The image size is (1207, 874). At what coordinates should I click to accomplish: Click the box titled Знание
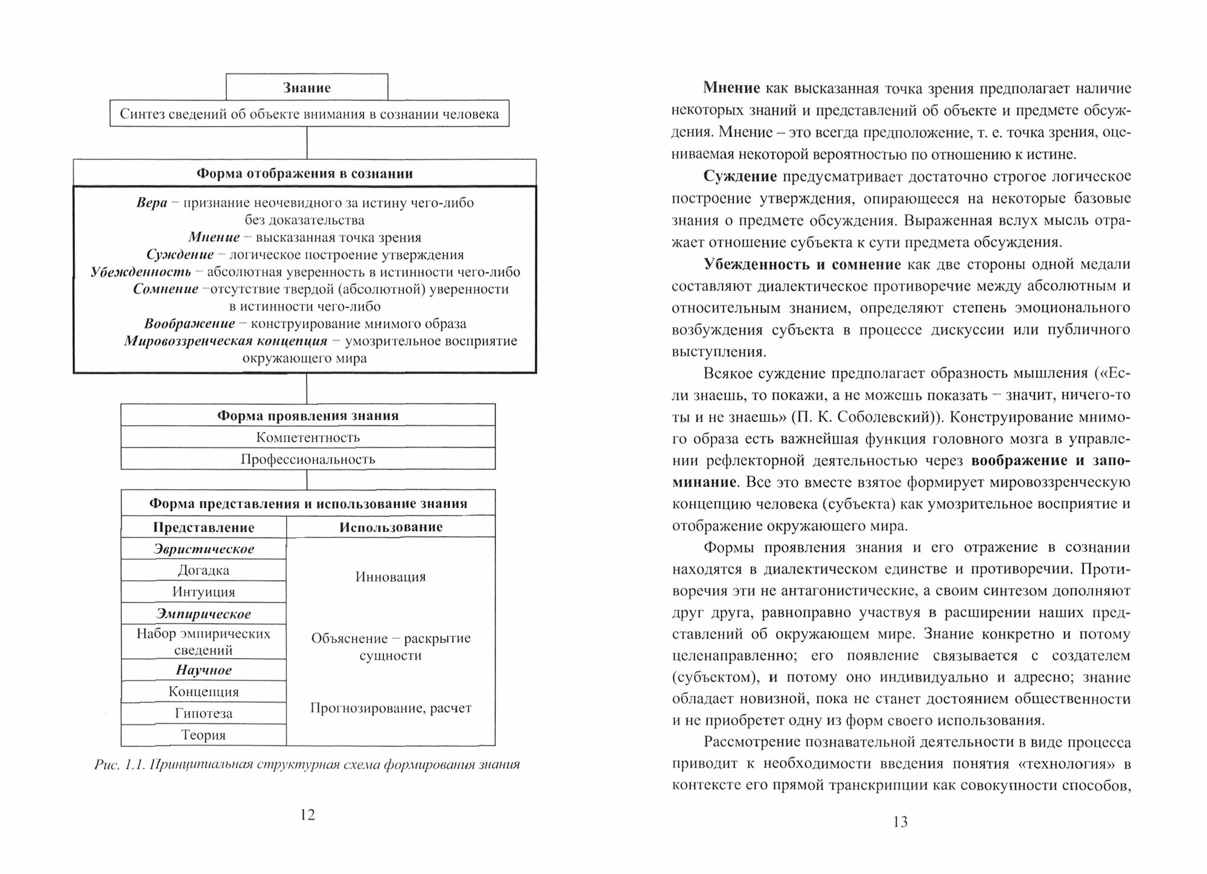307,87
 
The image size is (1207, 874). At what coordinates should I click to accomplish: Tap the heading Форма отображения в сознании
305,174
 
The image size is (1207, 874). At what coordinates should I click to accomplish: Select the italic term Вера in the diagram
151,203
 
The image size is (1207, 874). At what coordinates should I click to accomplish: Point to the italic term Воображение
189,324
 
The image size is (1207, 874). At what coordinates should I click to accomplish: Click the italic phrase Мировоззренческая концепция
226,341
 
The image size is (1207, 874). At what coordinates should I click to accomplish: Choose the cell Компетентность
308,437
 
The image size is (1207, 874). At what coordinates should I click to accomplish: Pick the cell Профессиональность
308,459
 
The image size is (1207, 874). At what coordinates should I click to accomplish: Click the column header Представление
203,527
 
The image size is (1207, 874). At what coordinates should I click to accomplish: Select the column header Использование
390,527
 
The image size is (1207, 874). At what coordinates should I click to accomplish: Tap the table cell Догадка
203,570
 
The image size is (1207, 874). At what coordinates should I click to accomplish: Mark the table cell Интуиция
203,592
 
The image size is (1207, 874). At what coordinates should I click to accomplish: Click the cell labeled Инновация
390,577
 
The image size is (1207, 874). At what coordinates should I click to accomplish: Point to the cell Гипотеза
203,713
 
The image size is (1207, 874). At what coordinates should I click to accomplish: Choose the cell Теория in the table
203,735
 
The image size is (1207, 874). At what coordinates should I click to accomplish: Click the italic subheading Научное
203,670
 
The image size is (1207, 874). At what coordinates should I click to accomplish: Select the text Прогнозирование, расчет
390,708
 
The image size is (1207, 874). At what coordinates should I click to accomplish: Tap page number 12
307,815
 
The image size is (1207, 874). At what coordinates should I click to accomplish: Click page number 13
900,822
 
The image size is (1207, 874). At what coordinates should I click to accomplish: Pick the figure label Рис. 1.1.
120,765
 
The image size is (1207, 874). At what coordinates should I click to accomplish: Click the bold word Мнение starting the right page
731,88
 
